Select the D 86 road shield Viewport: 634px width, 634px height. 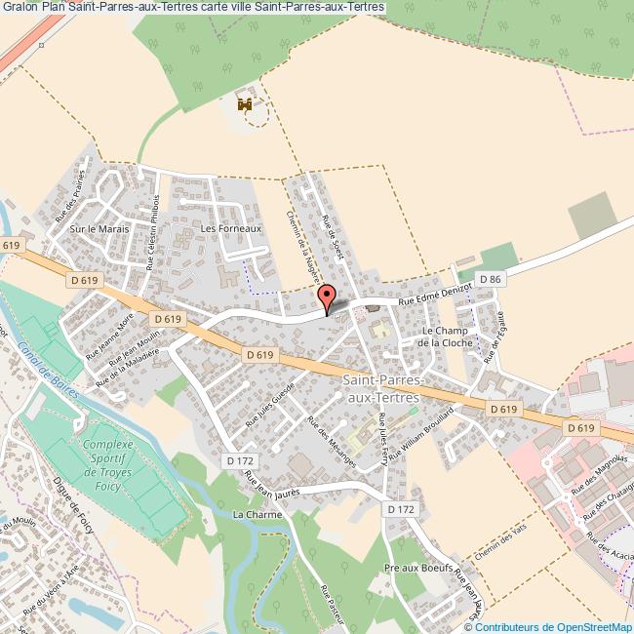point(495,280)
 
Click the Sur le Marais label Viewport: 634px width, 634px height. point(93,228)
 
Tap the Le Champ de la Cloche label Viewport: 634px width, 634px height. point(446,337)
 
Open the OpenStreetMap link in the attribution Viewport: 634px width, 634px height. point(588,627)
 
